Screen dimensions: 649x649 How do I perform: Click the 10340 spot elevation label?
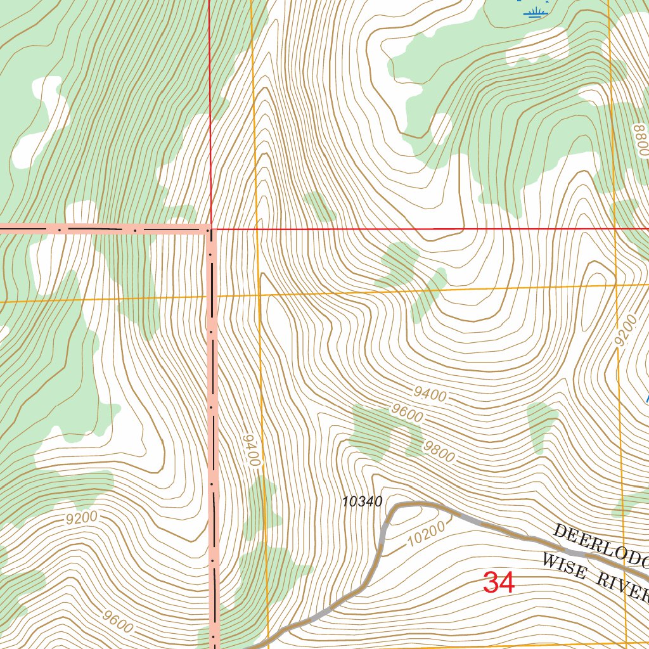(x=362, y=502)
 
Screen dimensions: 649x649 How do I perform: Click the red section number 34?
(x=499, y=582)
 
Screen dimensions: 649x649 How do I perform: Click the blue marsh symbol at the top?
(x=536, y=12)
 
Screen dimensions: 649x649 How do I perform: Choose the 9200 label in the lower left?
(x=82, y=518)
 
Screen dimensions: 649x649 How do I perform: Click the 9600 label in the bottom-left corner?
(x=117, y=620)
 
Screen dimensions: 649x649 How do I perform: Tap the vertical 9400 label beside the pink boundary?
(x=251, y=451)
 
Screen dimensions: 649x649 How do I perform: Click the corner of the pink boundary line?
(x=210, y=229)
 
